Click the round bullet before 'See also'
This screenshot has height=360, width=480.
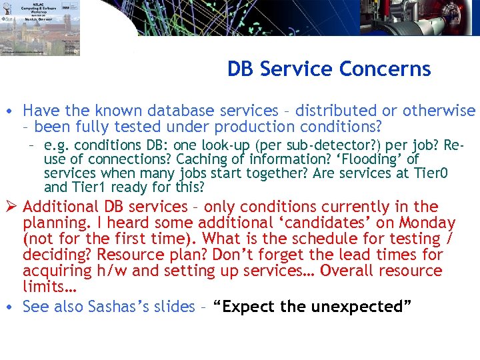(x=12, y=307)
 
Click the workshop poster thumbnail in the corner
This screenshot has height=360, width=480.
(x=40, y=28)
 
